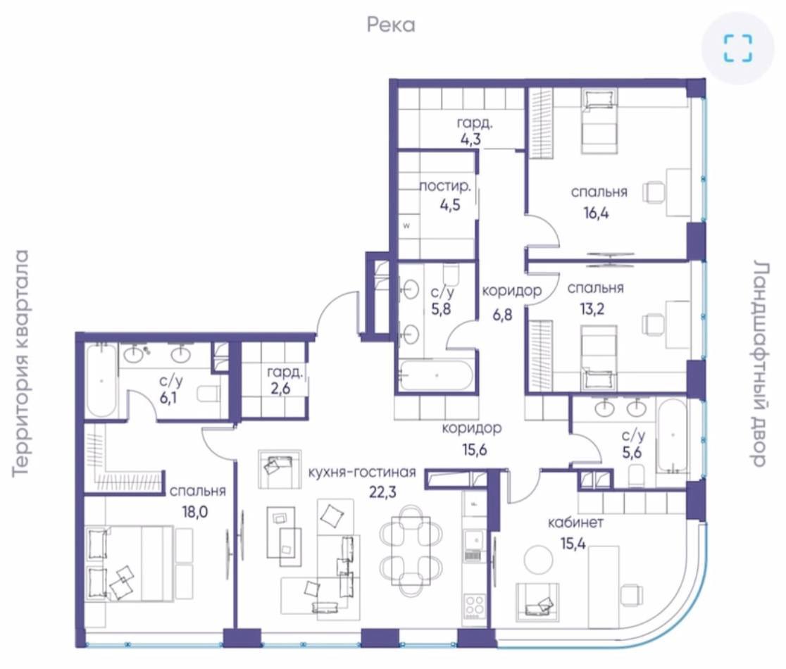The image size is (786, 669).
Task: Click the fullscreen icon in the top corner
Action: [x=738, y=48]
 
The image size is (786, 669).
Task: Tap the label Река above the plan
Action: [x=391, y=25]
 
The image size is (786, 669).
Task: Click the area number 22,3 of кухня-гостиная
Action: [x=382, y=492]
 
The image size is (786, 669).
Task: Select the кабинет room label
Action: [x=575, y=523]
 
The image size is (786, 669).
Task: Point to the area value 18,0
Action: [x=196, y=512]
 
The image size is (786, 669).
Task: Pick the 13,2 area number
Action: [x=592, y=308]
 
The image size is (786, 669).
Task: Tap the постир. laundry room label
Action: [x=445, y=187]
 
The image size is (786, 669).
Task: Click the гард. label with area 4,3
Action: [x=471, y=123]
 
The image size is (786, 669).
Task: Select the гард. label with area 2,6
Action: [x=285, y=373]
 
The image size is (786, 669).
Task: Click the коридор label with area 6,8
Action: [x=512, y=290]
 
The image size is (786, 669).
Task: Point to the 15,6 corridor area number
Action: [x=474, y=449]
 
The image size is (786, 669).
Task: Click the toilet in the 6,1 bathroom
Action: [x=208, y=394]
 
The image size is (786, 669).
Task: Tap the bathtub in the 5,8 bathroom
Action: [x=435, y=375]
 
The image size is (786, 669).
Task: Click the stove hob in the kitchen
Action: [x=474, y=605]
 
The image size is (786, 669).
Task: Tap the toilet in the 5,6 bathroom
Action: [x=636, y=475]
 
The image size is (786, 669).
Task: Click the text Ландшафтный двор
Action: [x=759, y=363]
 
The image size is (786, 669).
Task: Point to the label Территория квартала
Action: [x=21, y=363]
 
